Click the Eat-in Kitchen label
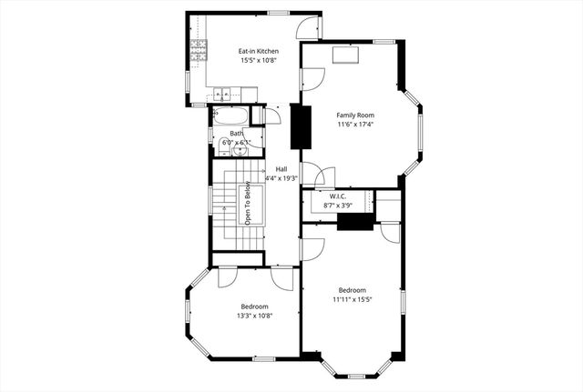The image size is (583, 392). click(259, 51)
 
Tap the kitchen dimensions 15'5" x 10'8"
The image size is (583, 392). click(259, 61)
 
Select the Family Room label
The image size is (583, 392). click(355, 115)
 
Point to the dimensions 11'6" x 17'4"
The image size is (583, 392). click(355, 125)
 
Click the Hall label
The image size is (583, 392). click(282, 169)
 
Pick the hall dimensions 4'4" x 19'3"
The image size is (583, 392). click(281, 178)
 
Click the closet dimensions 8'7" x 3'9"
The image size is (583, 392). click(337, 206)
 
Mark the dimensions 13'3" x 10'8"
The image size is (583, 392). click(255, 316)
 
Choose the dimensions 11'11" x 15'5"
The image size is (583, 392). click(351, 298)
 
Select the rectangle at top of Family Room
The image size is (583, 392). click(346, 55)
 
